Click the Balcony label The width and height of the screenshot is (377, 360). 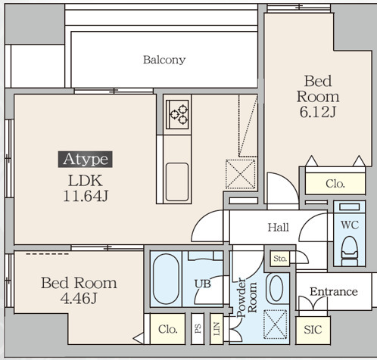164,60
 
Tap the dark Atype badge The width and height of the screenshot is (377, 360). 86,160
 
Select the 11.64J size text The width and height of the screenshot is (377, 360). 86,196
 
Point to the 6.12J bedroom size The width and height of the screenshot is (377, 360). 318,112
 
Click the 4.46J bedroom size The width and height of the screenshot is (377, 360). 79,299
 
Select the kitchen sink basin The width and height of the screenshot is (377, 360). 177,182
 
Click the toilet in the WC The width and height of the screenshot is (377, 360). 350,251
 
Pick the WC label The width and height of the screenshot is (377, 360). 350,225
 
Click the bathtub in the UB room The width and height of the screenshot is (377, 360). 166,279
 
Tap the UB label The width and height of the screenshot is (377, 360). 203,284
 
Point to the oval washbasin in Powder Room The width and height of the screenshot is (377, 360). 276,288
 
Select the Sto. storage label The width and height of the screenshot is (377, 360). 280,259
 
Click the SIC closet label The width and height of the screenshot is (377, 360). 313,330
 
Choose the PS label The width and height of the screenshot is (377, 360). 198,328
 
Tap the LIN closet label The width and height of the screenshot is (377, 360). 217,329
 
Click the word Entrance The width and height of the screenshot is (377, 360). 334,292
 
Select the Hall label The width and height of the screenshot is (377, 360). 279,228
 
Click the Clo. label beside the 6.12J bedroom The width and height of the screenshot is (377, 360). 335,184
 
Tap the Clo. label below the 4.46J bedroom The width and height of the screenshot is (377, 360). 168,329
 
